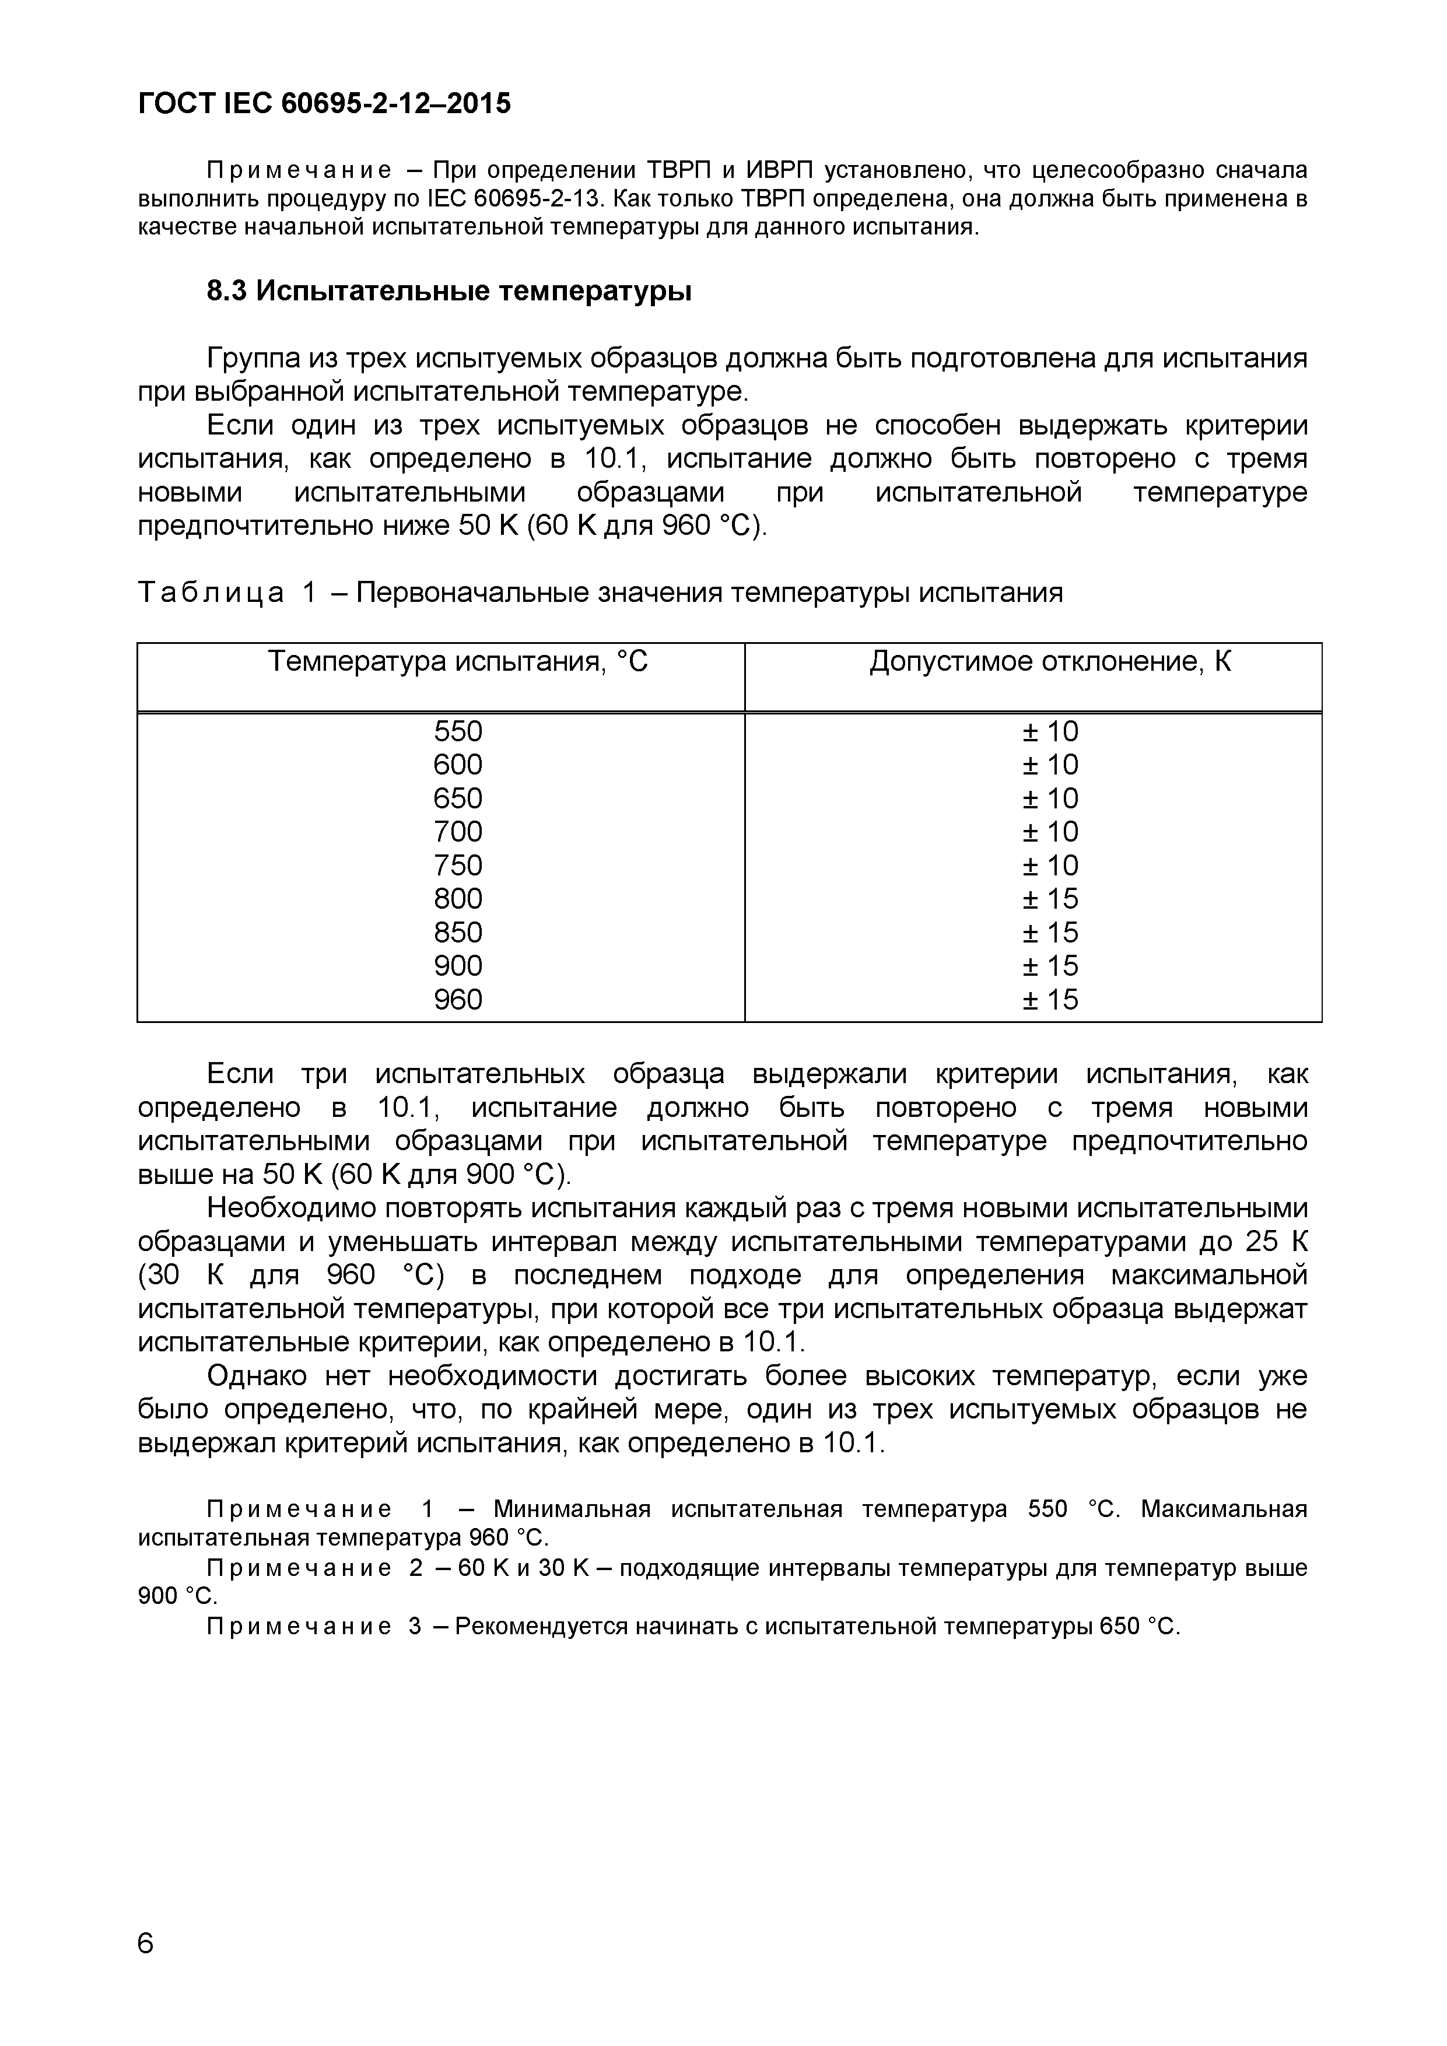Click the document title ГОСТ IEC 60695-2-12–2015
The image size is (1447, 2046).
(x=325, y=104)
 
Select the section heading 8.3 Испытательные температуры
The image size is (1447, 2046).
(x=449, y=292)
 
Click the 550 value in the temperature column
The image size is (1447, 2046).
(x=458, y=731)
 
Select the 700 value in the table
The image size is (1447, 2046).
(x=458, y=832)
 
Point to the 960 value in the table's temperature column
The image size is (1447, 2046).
(x=458, y=1000)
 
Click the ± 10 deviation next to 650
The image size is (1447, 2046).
(x=1050, y=798)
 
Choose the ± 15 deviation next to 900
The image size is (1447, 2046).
(x=1050, y=966)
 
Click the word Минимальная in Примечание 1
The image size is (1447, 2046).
(x=571, y=1509)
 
